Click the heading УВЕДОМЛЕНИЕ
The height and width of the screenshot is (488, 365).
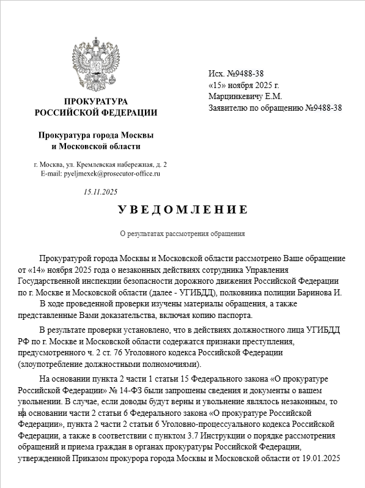(x=183, y=210)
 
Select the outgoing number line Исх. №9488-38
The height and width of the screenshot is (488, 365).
(x=236, y=74)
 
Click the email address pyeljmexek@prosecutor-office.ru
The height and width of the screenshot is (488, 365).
(x=100, y=174)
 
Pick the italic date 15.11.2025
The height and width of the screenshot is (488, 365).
(x=100, y=192)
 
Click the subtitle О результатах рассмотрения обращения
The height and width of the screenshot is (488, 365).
(x=182, y=234)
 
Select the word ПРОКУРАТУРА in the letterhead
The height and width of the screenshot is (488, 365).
(x=96, y=101)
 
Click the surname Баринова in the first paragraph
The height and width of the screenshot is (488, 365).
(x=318, y=292)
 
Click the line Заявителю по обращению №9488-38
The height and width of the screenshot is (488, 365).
(x=275, y=108)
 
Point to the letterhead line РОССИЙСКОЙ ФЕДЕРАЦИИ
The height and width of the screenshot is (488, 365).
(x=96, y=113)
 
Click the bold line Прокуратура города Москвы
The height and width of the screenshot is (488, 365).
(x=96, y=135)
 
